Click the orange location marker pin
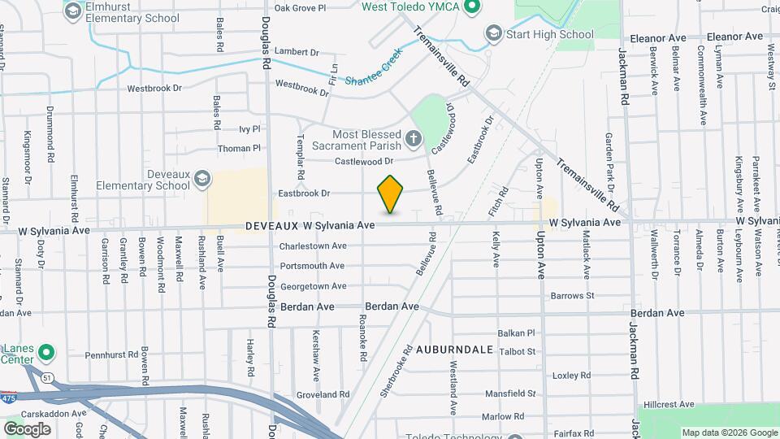pyautogui.click(x=391, y=193)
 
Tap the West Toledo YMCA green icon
pyautogui.click(x=470, y=7)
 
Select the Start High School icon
pyautogui.click(x=493, y=33)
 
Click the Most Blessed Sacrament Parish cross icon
pyautogui.click(x=414, y=139)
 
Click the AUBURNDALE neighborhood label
pyautogui.click(x=455, y=349)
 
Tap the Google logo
pyautogui.click(x=27, y=428)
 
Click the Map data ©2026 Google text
pyautogui.click(x=728, y=432)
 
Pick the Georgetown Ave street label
pyautogui.click(x=313, y=286)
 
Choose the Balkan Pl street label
pyautogui.click(x=518, y=333)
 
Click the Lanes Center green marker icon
pyautogui.click(x=47, y=353)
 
